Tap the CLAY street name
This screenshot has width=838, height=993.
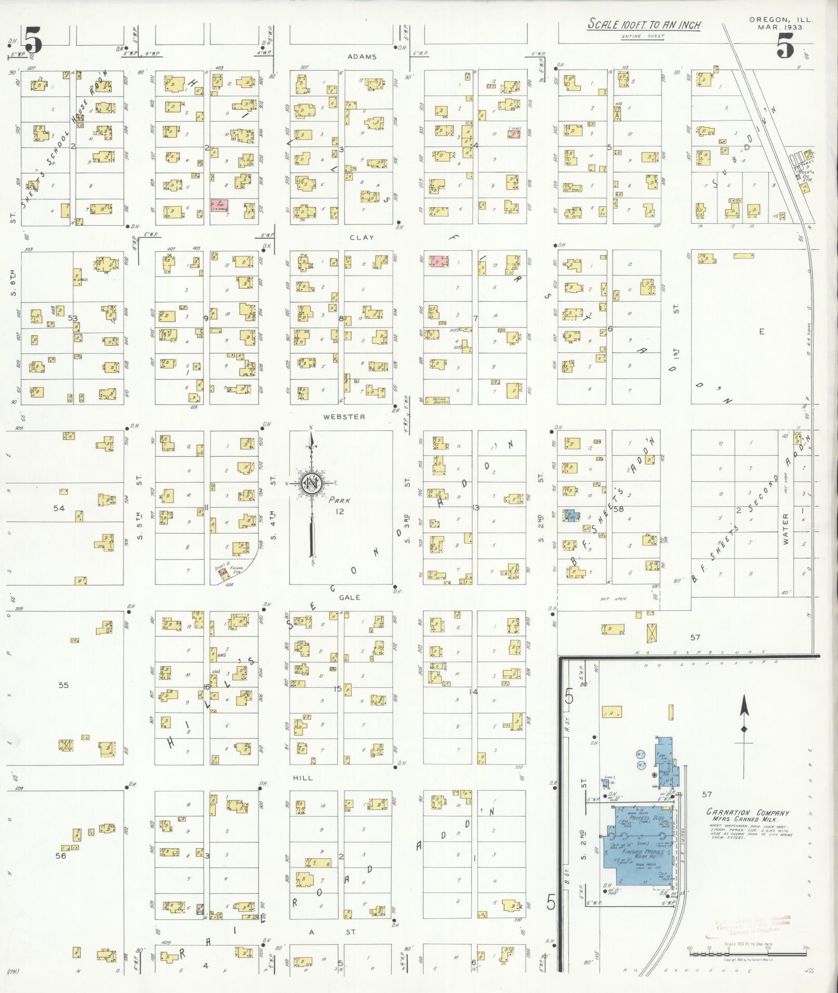pyautogui.click(x=362, y=237)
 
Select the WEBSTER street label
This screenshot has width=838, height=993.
pyautogui.click(x=344, y=416)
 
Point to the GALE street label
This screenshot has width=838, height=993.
pyautogui.click(x=350, y=597)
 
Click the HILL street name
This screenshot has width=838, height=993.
pyautogui.click(x=303, y=778)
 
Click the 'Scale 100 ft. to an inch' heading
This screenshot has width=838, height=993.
pyautogui.click(x=644, y=24)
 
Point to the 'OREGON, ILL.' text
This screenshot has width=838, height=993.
pyautogui.click(x=781, y=20)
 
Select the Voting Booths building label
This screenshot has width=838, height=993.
pyautogui.click(x=436, y=400)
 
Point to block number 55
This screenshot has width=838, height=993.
pyautogui.click(x=63, y=685)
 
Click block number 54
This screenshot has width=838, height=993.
pyautogui.click(x=59, y=508)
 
